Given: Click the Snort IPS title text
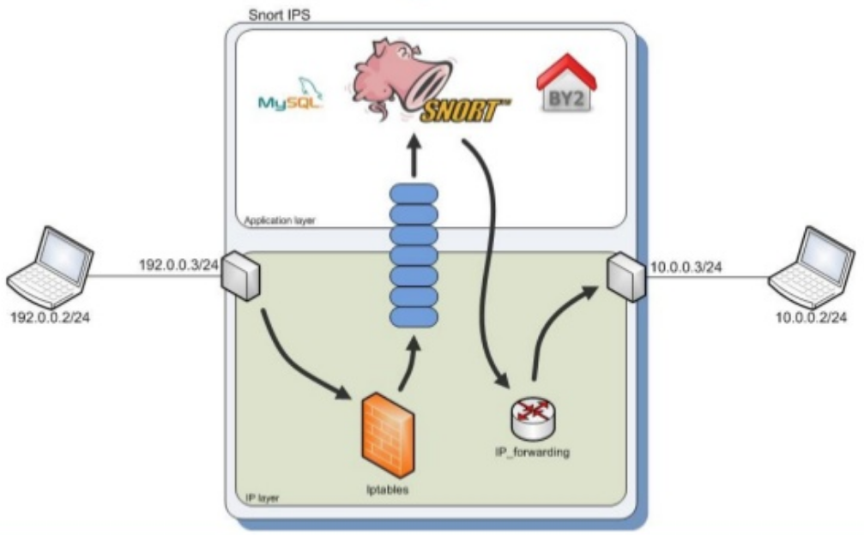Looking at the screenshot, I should (x=281, y=14).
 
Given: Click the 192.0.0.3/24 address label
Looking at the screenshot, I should (x=179, y=265).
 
